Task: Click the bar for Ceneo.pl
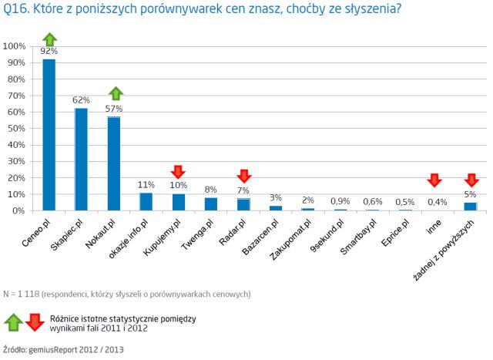[x=49, y=135]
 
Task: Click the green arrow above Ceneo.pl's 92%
[x=49, y=39]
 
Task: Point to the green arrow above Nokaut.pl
[x=114, y=94]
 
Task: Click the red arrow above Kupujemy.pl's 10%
[x=179, y=171]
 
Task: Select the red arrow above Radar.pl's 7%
[x=244, y=176]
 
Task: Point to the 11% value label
[x=146, y=184]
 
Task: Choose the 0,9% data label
[x=341, y=200]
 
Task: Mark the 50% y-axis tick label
[x=18, y=128]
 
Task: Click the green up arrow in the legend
[x=13, y=321]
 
